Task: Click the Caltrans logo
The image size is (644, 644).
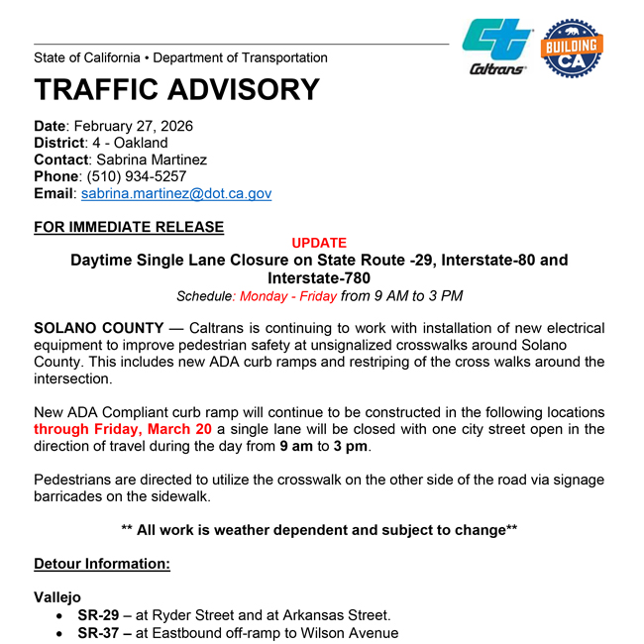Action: [496, 46]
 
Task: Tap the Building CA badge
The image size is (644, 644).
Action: [572, 46]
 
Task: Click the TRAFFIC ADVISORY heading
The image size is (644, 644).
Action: [176, 89]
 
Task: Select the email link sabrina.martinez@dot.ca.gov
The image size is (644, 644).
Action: [176, 194]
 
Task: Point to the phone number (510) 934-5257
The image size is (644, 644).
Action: [134, 176]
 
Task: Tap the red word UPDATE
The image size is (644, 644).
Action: [319, 243]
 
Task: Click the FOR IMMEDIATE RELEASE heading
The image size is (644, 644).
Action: [129, 227]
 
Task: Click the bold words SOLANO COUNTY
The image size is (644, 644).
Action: [98, 328]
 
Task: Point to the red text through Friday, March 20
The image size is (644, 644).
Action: [123, 429]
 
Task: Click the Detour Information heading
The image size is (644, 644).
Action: [102, 564]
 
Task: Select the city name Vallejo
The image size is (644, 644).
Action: [57, 597]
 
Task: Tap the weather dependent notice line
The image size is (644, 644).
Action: [319, 530]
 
